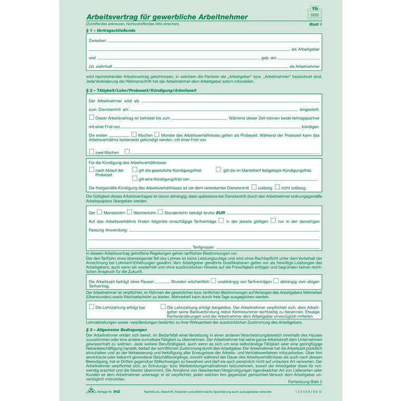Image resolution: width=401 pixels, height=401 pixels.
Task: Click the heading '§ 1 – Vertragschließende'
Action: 110,31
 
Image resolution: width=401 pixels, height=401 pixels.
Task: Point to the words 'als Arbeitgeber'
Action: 305,50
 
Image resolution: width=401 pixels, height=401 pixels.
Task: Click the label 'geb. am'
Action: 269,58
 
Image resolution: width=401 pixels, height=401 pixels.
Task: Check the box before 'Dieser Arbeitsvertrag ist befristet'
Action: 92,118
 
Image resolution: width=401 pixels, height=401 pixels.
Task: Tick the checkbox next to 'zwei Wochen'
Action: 92,152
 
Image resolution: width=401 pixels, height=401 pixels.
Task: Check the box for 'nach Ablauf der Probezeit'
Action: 92,170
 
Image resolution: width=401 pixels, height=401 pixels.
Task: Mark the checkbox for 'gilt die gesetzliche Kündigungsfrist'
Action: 135,170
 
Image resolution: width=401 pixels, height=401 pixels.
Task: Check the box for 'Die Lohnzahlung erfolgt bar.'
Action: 92,306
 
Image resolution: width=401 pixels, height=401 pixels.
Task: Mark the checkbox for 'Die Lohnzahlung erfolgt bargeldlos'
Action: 163,306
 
